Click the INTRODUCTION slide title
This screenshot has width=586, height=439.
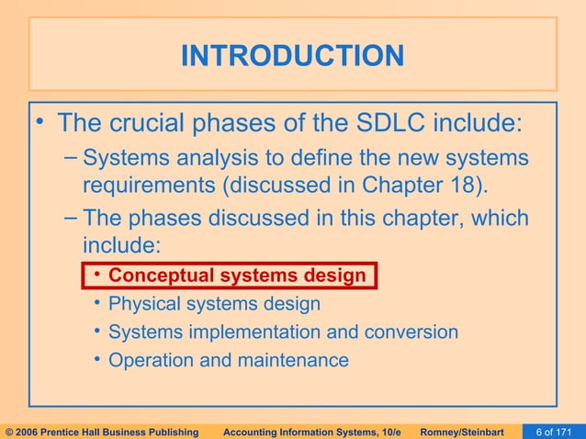tap(292, 56)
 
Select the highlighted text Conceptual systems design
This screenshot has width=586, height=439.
tap(237, 276)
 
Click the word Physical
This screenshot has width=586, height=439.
tap(141, 304)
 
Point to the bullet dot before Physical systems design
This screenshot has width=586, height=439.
tap(96, 304)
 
